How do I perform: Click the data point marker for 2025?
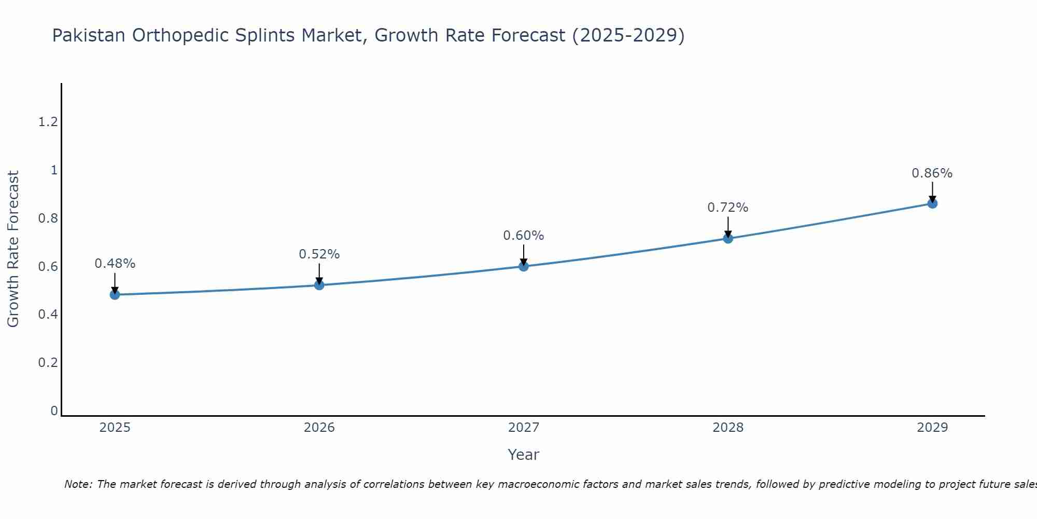coord(115,295)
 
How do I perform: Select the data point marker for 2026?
coord(319,285)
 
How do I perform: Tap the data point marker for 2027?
coord(524,266)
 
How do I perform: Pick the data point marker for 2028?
coord(728,238)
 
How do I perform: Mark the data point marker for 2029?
coord(932,203)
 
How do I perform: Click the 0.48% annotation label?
coord(115,264)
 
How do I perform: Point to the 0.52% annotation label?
coord(319,254)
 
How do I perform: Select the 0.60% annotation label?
coord(524,236)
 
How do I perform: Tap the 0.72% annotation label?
coord(728,208)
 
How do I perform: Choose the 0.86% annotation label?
coord(932,173)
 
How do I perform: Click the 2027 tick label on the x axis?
coord(524,428)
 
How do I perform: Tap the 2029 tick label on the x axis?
coord(932,428)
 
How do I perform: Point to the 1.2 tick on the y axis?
coord(48,122)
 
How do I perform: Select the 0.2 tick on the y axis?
coord(48,362)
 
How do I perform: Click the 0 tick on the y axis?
coord(54,411)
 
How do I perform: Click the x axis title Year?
coord(524,455)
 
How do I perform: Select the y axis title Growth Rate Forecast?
coord(13,249)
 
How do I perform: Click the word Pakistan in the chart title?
coord(89,35)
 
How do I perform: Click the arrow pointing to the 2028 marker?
coord(728,227)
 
